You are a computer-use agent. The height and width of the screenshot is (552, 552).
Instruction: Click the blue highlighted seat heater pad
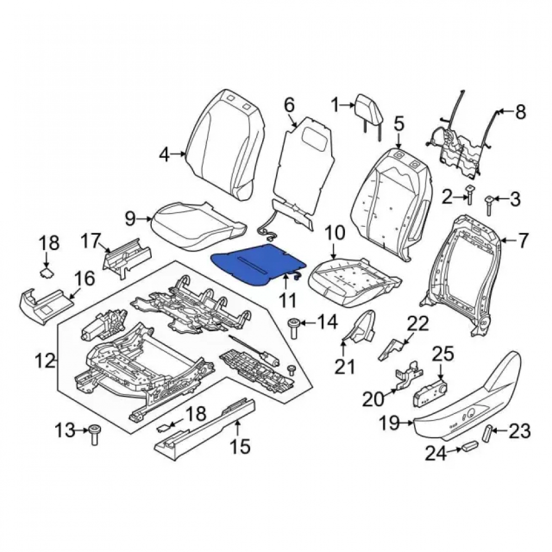pyautogui.click(x=257, y=262)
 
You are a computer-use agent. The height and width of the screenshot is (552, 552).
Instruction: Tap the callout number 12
pyautogui.click(x=45, y=361)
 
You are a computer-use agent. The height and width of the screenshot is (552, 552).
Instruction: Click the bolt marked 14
pyautogui.click(x=294, y=328)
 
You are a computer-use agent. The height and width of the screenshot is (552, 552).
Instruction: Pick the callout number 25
pyautogui.click(x=443, y=354)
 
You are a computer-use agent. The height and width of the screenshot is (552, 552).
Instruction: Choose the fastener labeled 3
pyautogui.click(x=489, y=205)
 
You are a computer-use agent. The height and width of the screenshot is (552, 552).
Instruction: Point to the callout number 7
pyautogui.click(x=522, y=241)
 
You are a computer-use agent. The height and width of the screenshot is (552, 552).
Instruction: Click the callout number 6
pyautogui.click(x=289, y=105)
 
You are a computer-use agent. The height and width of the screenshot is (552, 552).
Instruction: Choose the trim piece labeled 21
pyautogui.click(x=359, y=327)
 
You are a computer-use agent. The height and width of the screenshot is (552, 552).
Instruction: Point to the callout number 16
pyautogui.click(x=84, y=278)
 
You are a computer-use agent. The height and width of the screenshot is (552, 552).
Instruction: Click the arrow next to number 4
pyautogui.click(x=181, y=153)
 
